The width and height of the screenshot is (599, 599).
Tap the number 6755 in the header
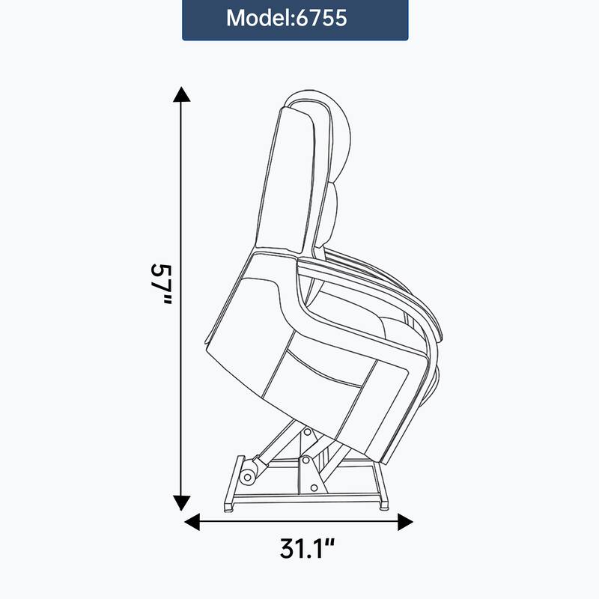pos(323,19)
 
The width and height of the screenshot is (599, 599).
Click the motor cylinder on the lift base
pos(249,472)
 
